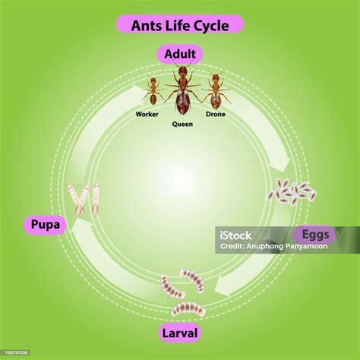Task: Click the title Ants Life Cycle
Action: pyautogui.click(x=180, y=25)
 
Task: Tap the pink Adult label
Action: pyautogui.click(x=180, y=54)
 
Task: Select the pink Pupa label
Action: pyautogui.click(x=46, y=224)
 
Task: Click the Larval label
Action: pyautogui.click(x=180, y=333)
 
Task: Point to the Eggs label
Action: pyautogui.click(x=315, y=235)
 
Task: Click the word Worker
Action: pyautogui.click(x=147, y=114)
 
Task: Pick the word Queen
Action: pyautogui.click(x=182, y=124)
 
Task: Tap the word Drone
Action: pyautogui.click(x=216, y=114)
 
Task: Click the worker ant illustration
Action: pyautogui.click(x=153, y=91)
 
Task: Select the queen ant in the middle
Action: pyautogui.click(x=182, y=89)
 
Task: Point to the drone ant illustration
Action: pyautogui.click(x=216, y=90)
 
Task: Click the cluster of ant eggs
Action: pyautogui.click(x=292, y=191)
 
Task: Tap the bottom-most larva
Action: pyautogui.click(x=188, y=309)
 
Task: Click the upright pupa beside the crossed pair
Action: pyautogui.click(x=96, y=199)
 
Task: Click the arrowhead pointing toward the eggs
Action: pyautogui.click(x=279, y=165)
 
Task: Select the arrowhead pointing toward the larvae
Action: pyautogui.click(x=223, y=286)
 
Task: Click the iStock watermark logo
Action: pyautogui.click(x=235, y=235)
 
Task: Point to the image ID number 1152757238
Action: pyautogui.click(x=17, y=352)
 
